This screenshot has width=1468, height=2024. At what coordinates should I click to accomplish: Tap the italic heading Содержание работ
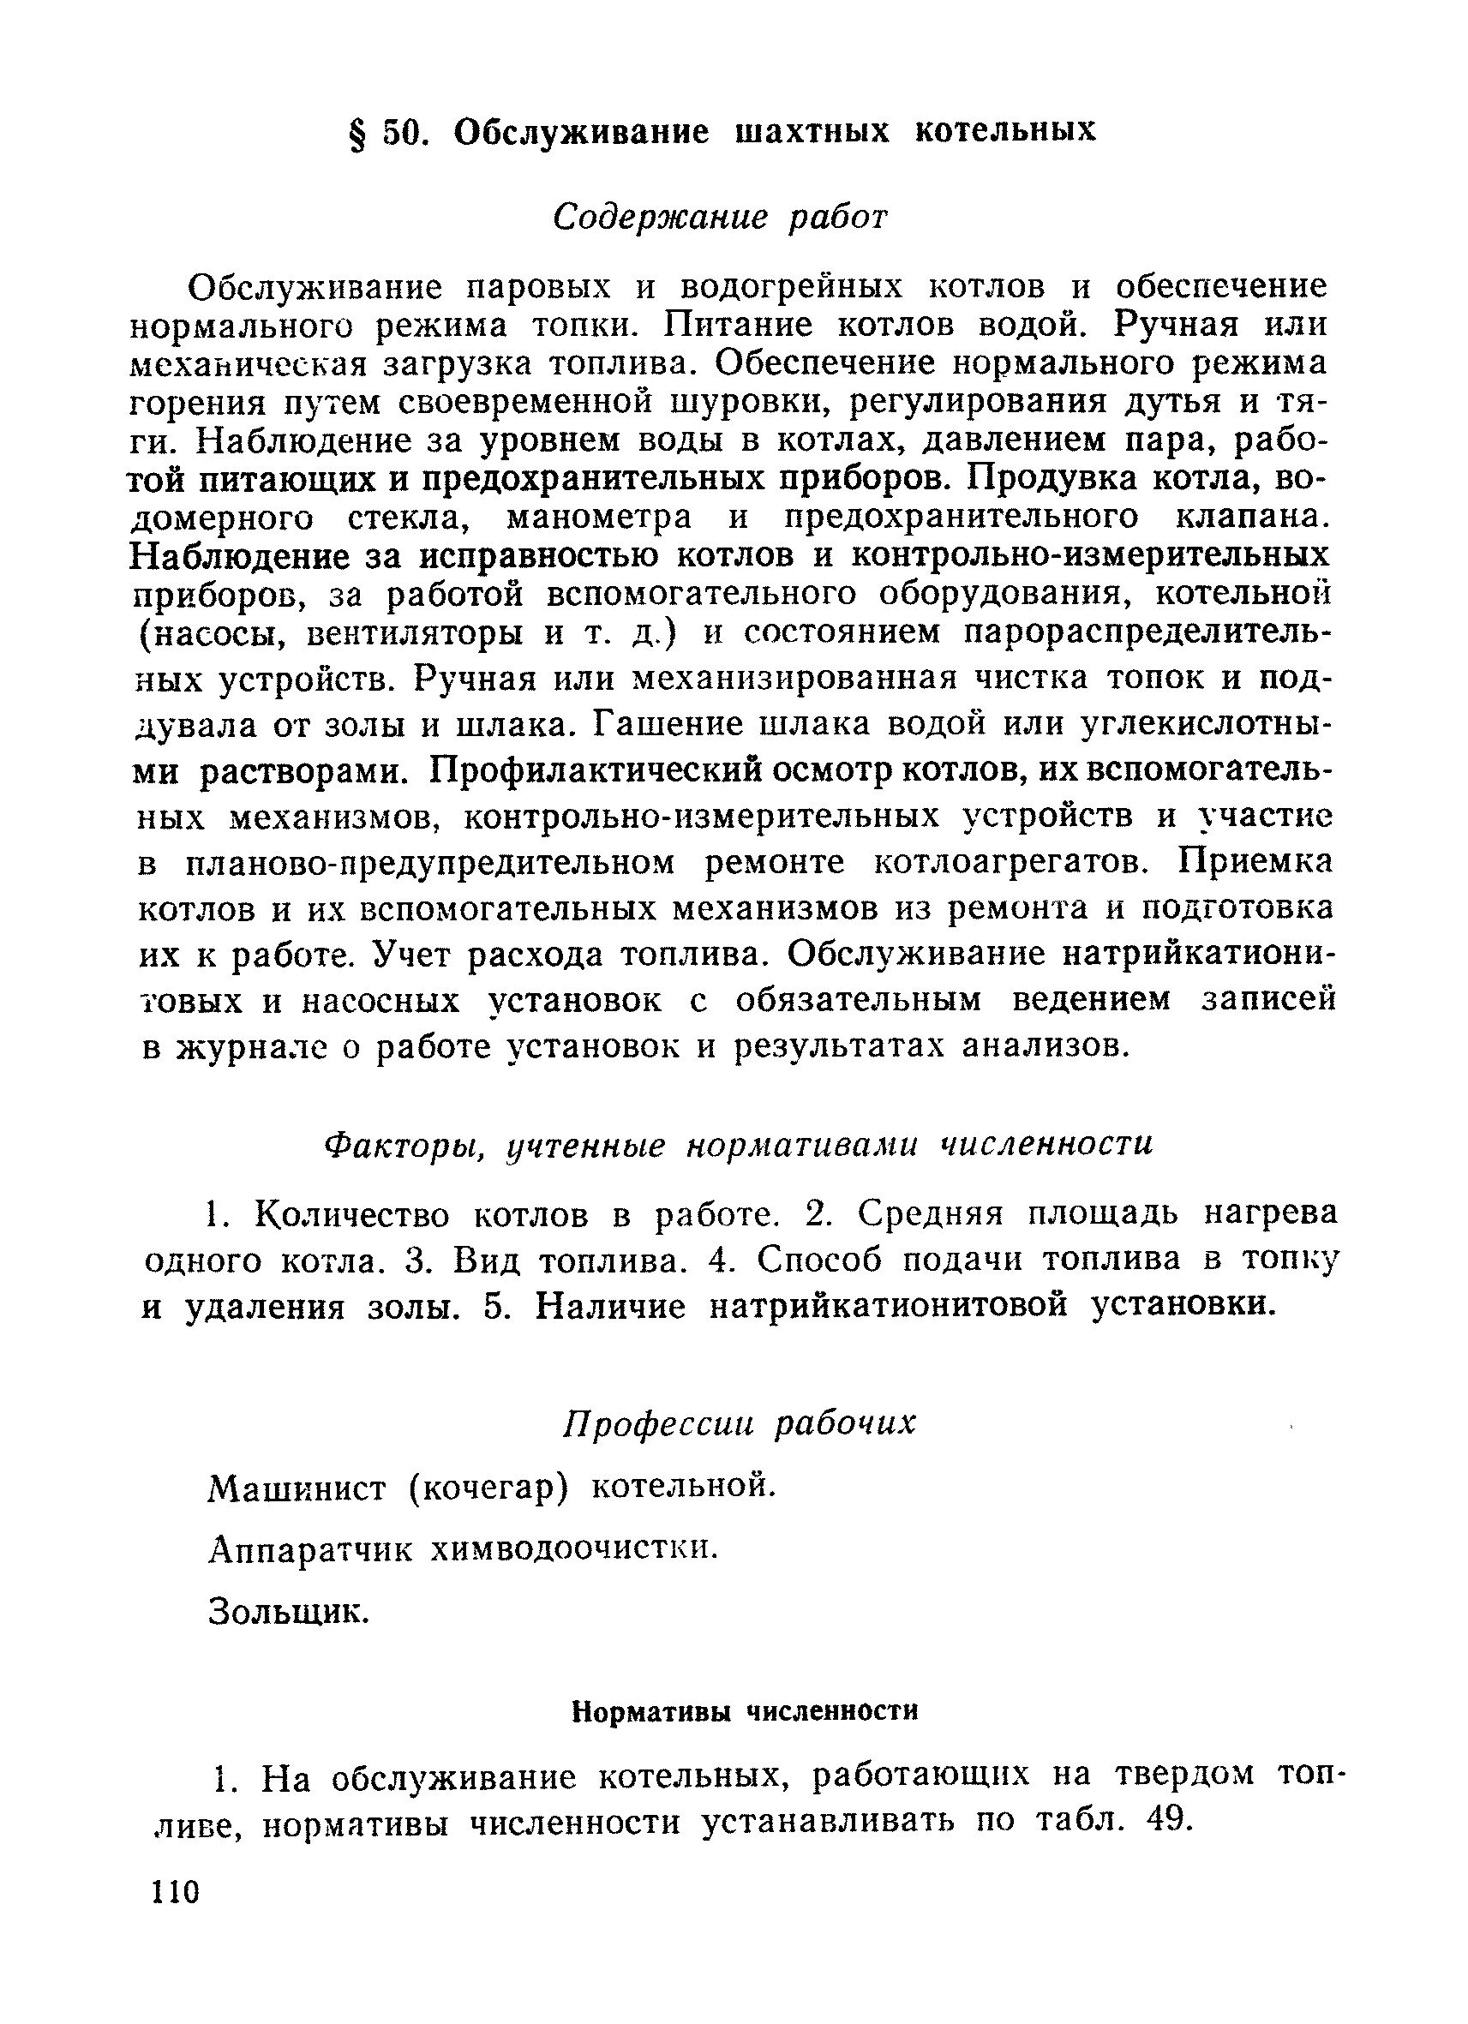coord(721,217)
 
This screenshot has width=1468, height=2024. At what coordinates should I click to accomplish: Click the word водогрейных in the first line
coord(792,287)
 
